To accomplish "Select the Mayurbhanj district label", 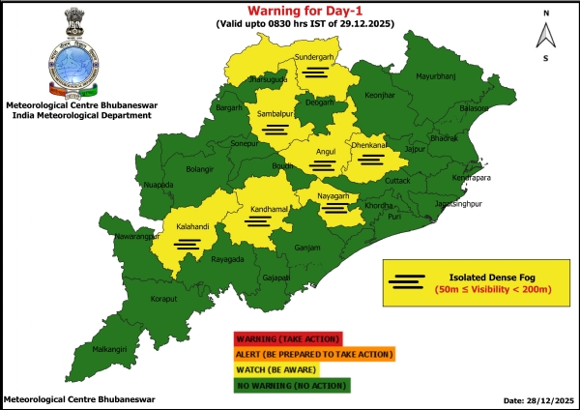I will (434, 75).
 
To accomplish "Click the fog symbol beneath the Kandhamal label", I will (257, 220).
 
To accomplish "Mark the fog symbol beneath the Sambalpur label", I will (275, 128).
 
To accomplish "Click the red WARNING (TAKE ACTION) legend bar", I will (286, 338).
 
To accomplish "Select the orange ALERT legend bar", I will (313, 354).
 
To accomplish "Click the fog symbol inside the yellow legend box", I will (407, 281).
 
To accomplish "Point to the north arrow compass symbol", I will (545, 37).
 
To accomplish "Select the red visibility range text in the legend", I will (492, 289).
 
